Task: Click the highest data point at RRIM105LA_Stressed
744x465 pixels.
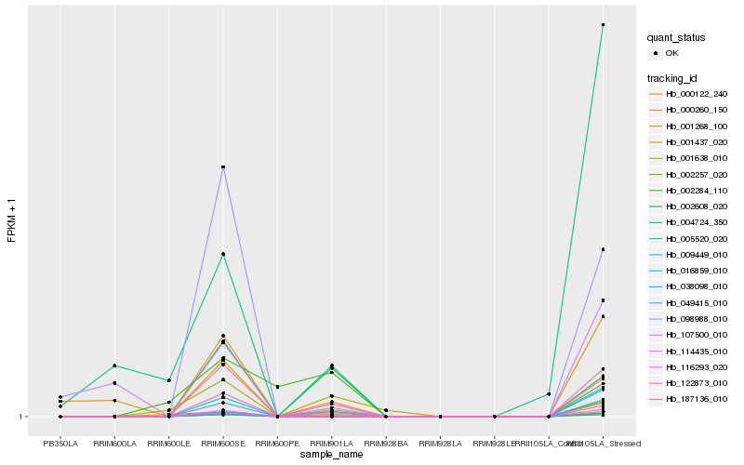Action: tap(603, 25)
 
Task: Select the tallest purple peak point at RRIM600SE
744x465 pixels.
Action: tap(223, 167)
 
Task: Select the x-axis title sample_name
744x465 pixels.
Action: tap(331, 455)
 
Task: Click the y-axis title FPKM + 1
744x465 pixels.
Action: tap(12, 221)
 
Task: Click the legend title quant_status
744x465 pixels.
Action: tap(676, 38)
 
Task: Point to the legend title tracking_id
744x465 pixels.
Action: tap(673, 78)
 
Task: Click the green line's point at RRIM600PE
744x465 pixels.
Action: tap(277, 387)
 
